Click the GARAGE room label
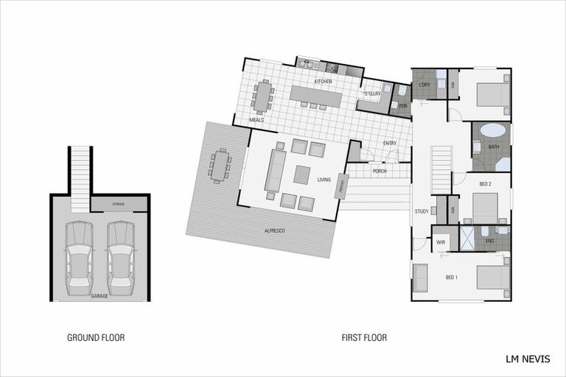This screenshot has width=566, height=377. point(99,295)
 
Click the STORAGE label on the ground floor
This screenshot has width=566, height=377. point(119,204)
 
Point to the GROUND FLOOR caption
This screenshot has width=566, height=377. point(96,338)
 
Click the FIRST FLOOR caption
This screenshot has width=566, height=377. point(364,338)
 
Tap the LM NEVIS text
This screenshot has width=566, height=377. point(528,360)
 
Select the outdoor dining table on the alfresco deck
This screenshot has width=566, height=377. point(220,165)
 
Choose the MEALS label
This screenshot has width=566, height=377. point(256,119)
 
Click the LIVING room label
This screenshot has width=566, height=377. point(324,180)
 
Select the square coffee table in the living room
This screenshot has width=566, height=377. point(302,175)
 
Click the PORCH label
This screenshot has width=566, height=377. point(380,172)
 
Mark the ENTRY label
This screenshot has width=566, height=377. point(390,143)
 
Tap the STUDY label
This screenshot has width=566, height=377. point(422,211)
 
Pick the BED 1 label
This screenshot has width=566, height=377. point(452,277)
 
